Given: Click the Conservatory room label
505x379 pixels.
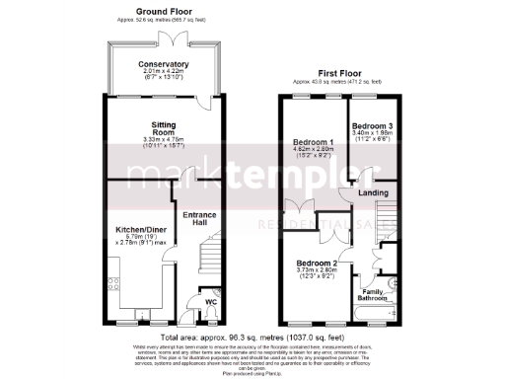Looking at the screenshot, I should click(x=165, y=64).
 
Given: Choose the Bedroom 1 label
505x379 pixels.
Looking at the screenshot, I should click(x=313, y=143).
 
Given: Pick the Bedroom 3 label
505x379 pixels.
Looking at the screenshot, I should click(x=374, y=126).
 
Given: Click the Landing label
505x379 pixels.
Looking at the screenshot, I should click(x=373, y=192).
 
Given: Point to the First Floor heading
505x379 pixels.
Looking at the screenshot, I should click(x=340, y=73).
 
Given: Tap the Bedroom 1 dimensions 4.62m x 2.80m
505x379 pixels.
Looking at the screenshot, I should click(x=313, y=151).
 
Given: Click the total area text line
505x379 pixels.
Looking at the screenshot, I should click(x=252, y=337).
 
